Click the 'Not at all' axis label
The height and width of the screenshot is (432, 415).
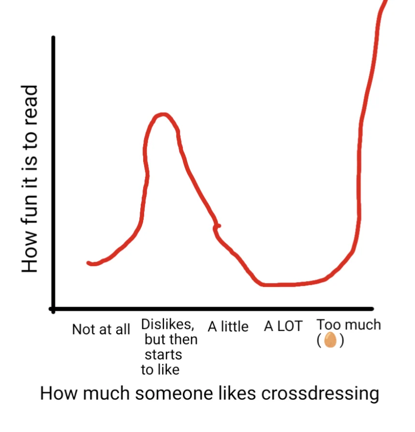pos(101,330)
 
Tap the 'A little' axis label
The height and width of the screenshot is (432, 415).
pos(228,327)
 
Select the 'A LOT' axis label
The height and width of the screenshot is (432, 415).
pos(283,327)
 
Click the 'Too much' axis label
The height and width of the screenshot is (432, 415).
pos(349,325)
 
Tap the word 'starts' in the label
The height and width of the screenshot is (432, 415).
pos(163,355)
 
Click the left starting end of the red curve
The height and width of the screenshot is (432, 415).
pos(89,263)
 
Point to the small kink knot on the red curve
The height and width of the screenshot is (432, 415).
pos(218,226)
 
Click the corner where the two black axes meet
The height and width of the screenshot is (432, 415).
pos(53,308)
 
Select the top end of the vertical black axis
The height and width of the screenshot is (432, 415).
pos(53,38)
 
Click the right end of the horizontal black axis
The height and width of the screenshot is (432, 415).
pos(371,308)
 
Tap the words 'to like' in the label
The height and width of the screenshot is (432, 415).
pos(160,370)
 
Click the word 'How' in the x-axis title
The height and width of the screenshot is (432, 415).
pos(57,393)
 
